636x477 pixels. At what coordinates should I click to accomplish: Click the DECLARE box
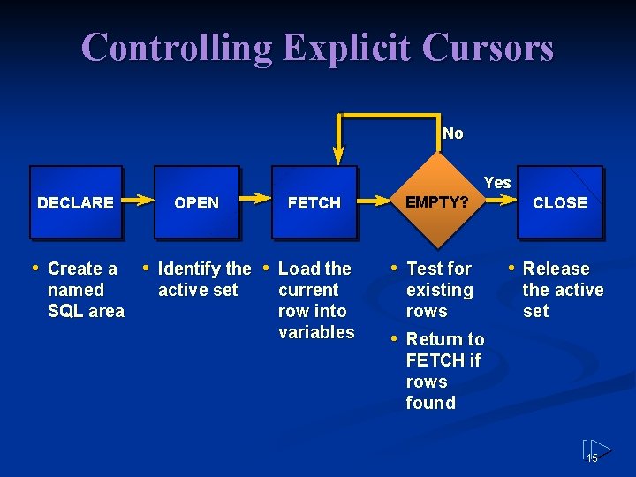pyautogui.click(x=76, y=202)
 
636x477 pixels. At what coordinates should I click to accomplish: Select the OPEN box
pyautogui.click(x=196, y=202)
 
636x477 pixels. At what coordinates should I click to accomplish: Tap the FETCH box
pyautogui.click(x=314, y=202)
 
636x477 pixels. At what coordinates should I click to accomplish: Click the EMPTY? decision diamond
pyautogui.click(x=436, y=202)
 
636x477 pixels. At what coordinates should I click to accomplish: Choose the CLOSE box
pyautogui.click(x=559, y=202)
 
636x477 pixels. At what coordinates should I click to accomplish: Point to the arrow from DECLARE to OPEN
pyautogui.click(x=138, y=201)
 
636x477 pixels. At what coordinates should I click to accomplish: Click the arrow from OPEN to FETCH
pyautogui.click(x=255, y=201)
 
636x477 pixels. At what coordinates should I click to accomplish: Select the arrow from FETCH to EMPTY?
pyautogui.click(x=375, y=201)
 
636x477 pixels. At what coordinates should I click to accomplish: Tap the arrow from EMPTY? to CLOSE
pyautogui.click(x=501, y=202)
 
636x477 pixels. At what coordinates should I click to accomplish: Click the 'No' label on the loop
pyautogui.click(x=452, y=133)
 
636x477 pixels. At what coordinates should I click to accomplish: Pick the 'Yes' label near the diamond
pyautogui.click(x=497, y=182)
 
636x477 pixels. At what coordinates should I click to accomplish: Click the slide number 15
pyautogui.click(x=593, y=458)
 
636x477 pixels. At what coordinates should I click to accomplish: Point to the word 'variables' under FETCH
pyautogui.click(x=316, y=332)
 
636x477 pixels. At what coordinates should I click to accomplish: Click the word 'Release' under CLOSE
pyautogui.click(x=556, y=269)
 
